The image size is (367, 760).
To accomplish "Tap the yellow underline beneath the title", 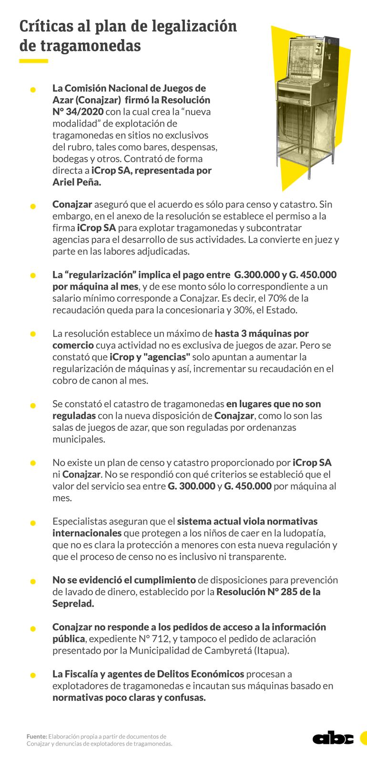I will coord(33,61).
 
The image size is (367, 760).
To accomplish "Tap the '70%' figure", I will coord(277,298).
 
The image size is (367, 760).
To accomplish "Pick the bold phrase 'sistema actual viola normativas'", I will coord(247,521).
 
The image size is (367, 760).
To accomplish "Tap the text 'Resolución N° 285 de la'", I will coord(268,592).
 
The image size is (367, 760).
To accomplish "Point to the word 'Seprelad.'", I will coord(73,603).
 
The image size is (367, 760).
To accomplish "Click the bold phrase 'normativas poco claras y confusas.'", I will coord(129,698).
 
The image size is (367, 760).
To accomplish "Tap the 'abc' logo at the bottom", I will coord(333,738).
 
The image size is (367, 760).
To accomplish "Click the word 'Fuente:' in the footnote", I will coord(36,736).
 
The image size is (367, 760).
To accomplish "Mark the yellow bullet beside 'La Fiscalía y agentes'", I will coord(33,675).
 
